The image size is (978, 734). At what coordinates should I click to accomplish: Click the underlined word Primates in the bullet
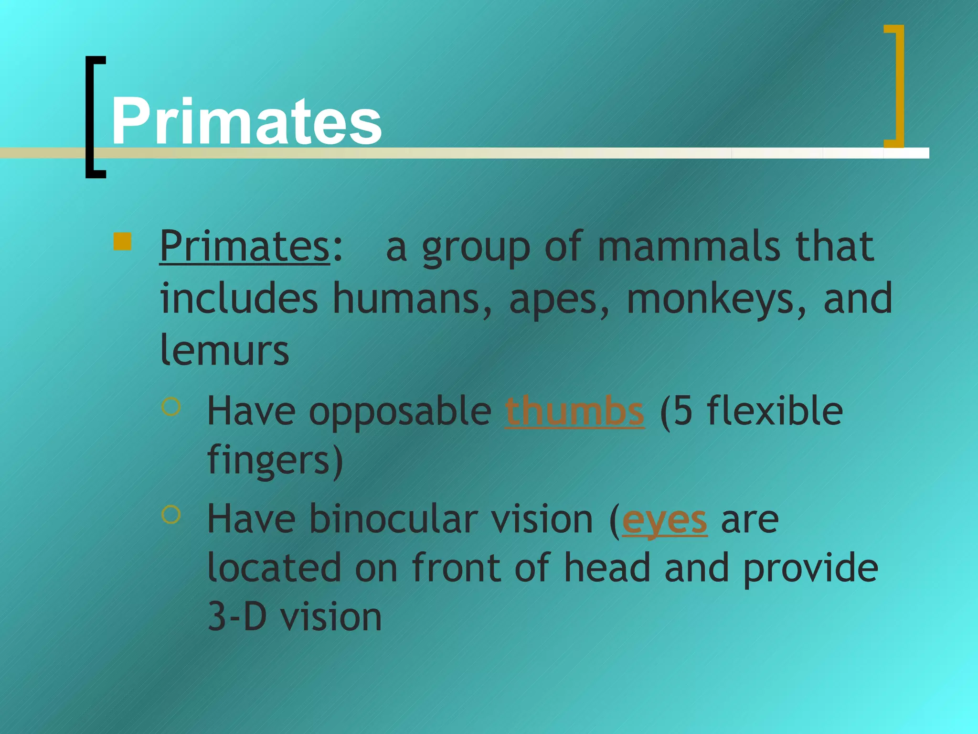click(x=244, y=247)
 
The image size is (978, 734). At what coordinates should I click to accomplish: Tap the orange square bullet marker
click(x=122, y=241)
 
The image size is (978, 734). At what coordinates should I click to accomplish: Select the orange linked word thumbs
click(x=574, y=411)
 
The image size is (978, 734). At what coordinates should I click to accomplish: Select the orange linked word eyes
click(x=664, y=520)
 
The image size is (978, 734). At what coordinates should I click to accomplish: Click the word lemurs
click(x=224, y=351)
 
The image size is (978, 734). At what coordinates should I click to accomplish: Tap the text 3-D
click(x=237, y=617)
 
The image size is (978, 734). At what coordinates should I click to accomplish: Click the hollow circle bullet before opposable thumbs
click(x=171, y=407)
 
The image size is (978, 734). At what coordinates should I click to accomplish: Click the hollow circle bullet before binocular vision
click(x=171, y=515)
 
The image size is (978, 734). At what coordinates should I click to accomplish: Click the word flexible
click(x=775, y=411)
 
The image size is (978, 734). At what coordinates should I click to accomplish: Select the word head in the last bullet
click(x=607, y=568)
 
